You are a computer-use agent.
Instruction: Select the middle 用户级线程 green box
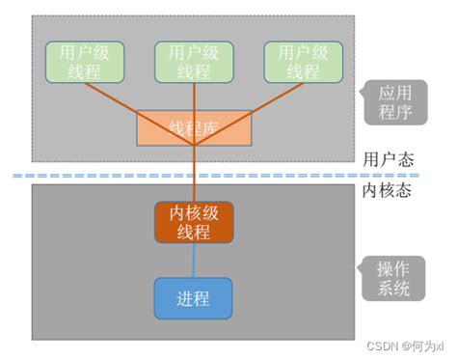coord(194,60)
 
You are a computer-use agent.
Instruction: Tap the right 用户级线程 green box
coord(303,60)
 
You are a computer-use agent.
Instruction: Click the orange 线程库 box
coord(194,126)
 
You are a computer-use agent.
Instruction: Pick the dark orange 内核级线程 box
coord(194,222)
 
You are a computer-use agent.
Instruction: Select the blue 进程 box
coord(194,297)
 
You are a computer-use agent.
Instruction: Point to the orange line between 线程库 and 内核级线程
coord(194,174)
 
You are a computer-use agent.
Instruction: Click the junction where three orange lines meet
coord(194,146)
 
